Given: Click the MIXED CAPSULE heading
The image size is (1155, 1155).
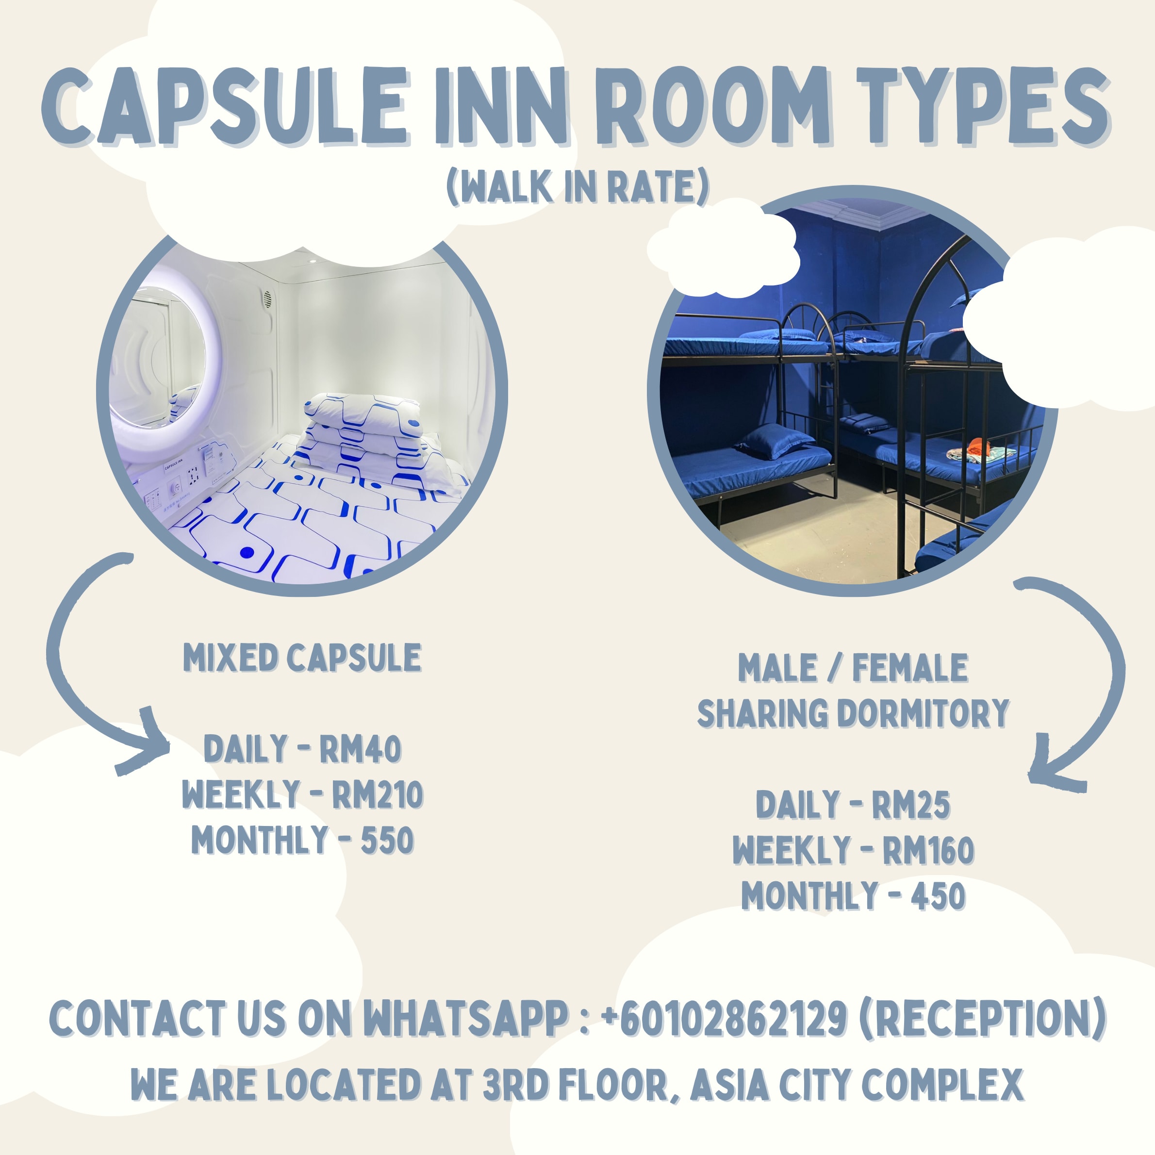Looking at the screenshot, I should point(302,658).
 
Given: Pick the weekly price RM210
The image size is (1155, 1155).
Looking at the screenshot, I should point(377,794).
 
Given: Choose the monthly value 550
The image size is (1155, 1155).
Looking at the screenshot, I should point(387,840).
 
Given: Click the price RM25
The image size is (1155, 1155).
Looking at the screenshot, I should point(910,805).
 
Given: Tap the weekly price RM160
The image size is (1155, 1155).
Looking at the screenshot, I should point(928,850).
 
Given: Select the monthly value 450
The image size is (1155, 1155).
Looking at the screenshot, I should point(938,895).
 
